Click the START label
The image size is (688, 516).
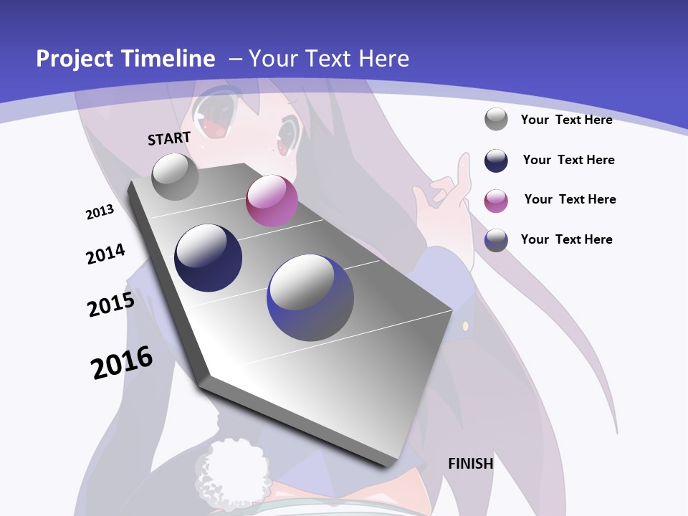coord(169,138)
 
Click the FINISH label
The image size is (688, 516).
coord(471,464)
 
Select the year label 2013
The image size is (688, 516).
coord(100,212)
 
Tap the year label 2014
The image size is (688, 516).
coord(105,254)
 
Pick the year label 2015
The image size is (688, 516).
coord(111,304)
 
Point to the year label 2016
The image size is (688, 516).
coord(122,362)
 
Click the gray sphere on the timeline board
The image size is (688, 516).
coord(176,176)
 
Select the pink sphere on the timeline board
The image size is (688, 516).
coord(272,201)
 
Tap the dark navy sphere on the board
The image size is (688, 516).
coord(209,258)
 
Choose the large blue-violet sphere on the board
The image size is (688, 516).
coord(310,297)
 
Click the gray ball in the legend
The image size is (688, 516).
coord(496,119)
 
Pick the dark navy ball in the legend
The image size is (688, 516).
coord(496,161)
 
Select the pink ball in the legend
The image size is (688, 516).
coord(496,201)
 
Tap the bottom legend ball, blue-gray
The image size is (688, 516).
coord(496,240)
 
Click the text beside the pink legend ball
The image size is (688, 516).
coord(570,199)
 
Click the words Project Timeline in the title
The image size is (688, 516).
coord(125,59)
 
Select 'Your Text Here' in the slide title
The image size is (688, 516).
coord(328,59)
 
